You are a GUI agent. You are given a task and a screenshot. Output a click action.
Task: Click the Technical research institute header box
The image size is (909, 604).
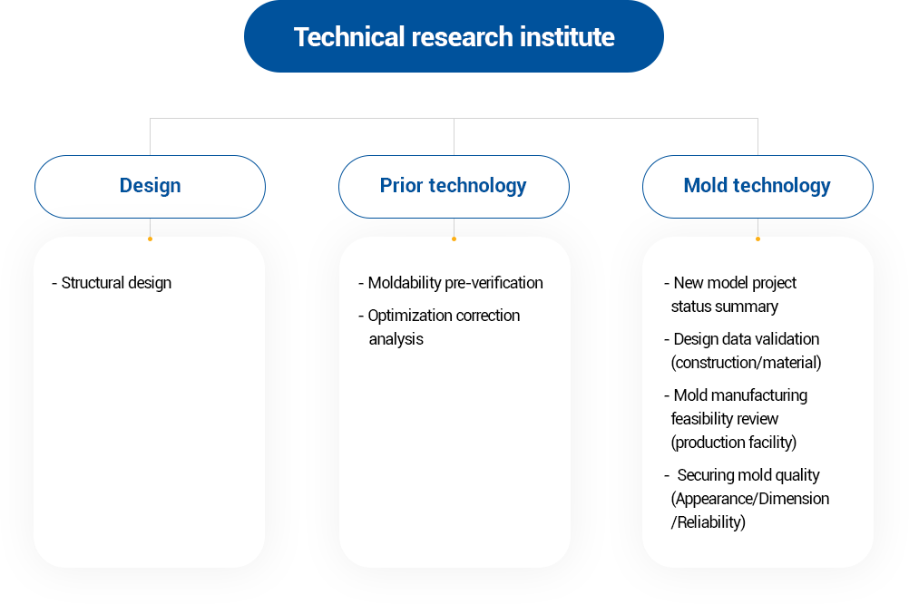454,36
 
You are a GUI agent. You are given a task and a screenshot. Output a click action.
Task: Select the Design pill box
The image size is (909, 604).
151,187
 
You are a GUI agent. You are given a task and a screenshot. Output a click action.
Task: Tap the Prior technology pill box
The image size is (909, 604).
454,187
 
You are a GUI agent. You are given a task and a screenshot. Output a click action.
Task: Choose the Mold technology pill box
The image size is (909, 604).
757,187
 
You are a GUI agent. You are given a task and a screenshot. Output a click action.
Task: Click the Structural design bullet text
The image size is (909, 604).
112,283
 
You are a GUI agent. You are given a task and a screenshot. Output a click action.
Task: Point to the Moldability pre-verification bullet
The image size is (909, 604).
451,283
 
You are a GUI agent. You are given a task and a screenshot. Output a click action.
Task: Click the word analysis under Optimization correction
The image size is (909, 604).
396,339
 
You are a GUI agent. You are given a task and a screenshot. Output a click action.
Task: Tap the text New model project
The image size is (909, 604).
735,283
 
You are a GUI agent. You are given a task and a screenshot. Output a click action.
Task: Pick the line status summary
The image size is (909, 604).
725,306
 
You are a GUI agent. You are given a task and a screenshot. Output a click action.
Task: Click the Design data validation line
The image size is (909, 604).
742,339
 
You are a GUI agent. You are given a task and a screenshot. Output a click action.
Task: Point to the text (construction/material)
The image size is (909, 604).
746,363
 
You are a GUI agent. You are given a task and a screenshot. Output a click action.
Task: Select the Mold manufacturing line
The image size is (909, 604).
737,395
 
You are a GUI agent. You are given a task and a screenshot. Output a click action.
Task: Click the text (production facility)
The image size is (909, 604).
734,443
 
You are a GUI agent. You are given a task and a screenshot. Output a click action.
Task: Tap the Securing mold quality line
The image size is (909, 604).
743,475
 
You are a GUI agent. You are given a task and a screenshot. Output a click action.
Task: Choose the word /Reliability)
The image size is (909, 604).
709,522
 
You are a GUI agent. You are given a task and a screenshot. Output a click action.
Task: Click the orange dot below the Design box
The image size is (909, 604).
151,239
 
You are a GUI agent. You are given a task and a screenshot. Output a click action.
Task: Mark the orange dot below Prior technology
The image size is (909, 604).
454,239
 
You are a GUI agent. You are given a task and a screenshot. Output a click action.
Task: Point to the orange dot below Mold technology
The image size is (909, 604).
757,239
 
